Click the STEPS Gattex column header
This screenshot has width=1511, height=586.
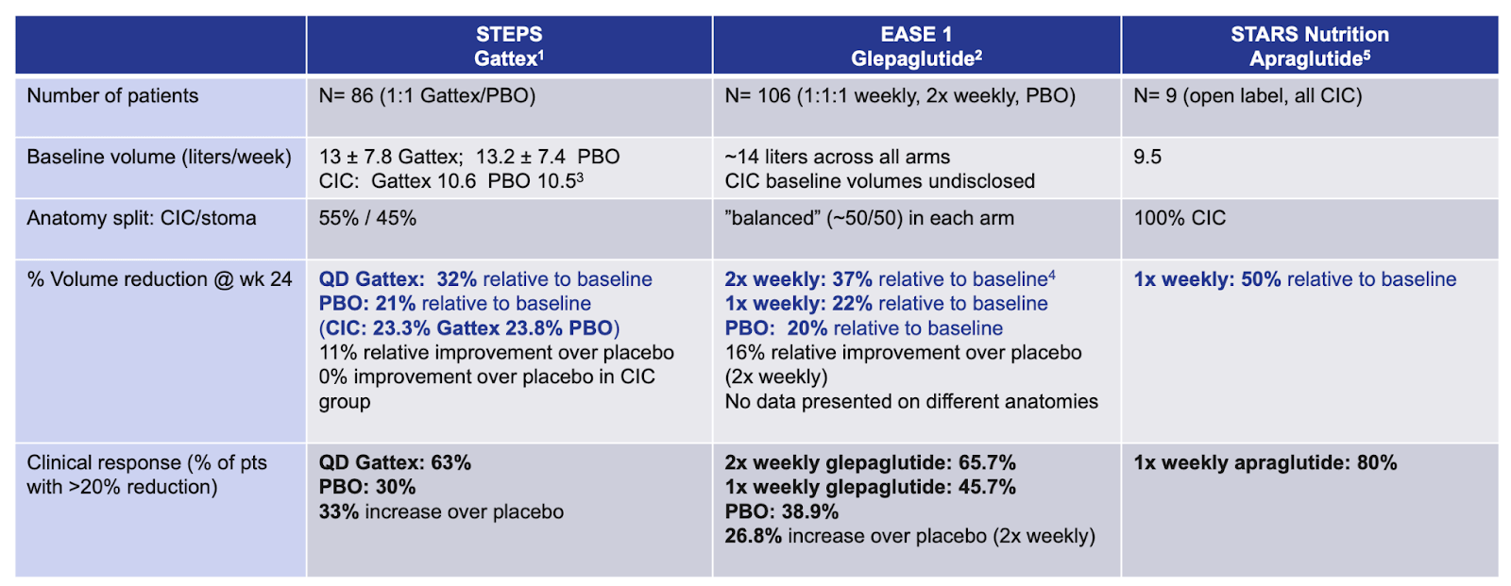[x=509, y=46]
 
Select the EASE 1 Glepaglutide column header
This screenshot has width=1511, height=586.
[x=916, y=46]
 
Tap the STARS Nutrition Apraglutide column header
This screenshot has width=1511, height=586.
[x=1309, y=46]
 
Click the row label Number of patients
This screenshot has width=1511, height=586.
[x=112, y=96]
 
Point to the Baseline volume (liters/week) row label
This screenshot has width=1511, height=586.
[x=159, y=158]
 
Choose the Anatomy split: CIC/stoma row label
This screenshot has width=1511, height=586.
[x=142, y=219]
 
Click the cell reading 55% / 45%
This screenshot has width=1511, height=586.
[x=367, y=219]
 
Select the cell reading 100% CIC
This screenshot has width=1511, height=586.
[x=1180, y=219]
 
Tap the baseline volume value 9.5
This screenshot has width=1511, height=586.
[x=1147, y=158]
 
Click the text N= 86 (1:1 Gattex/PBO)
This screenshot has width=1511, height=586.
[x=427, y=96]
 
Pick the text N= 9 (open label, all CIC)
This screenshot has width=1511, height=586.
[x=1248, y=96]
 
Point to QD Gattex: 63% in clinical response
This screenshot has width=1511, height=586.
[x=395, y=463]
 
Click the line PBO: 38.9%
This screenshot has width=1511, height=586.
[x=781, y=512]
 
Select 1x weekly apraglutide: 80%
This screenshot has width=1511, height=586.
[x=1265, y=463]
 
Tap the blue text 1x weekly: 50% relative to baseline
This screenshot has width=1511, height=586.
[x=1295, y=280]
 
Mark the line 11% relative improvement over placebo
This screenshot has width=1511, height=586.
[x=496, y=353]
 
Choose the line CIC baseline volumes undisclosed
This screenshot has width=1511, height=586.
[x=879, y=181]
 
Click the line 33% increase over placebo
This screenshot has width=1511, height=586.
[x=441, y=512]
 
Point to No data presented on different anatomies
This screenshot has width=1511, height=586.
[x=911, y=402]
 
